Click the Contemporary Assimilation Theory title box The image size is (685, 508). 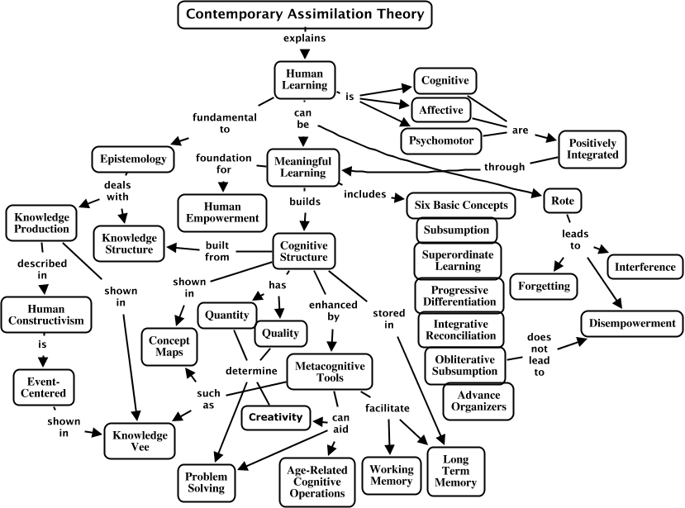[305, 15]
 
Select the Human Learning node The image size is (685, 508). [305, 79]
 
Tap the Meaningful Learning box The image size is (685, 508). [302, 167]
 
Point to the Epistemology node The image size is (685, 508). [133, 159]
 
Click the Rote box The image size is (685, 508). [562, 201]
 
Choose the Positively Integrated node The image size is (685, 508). [592, 149]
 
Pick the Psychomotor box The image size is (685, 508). [440, 140]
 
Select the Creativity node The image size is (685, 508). [276, 418]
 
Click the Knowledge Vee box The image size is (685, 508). [140, 441]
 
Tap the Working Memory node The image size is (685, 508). [392, 475]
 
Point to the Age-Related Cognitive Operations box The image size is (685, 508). [317, 482]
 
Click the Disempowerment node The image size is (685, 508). [631, 324]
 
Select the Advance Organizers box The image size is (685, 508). [478, 401]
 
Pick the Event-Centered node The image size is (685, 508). [43, 387]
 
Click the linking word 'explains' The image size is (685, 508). [305, 38]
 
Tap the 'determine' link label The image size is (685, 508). [251, 371]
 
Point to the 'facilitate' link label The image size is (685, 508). [388, 408]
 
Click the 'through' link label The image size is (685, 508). [505, 167]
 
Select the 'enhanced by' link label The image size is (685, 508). [333, 311]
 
